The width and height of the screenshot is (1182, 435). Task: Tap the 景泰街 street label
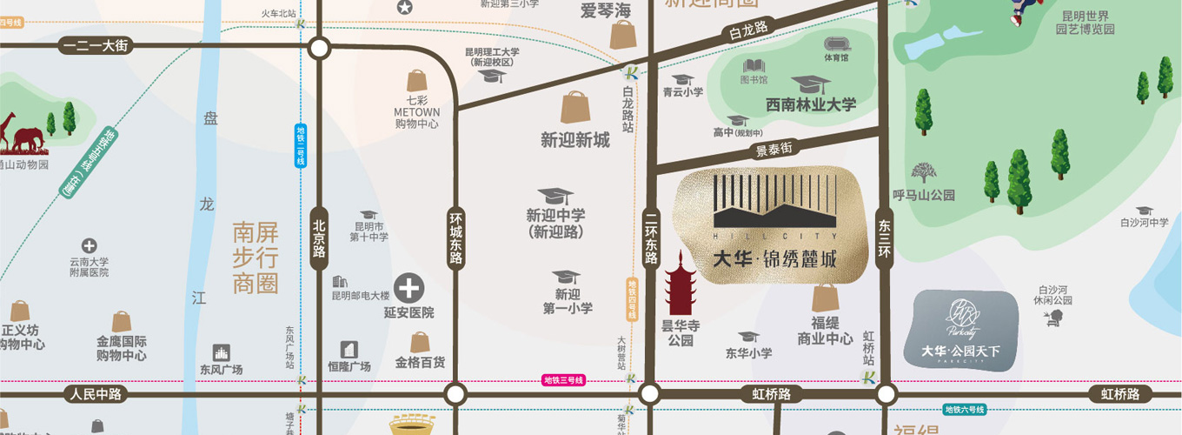(x=774, y=150)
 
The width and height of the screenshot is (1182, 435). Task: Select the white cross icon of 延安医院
(x=409, y=287)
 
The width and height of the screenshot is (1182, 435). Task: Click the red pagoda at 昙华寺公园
(x=680, y=284)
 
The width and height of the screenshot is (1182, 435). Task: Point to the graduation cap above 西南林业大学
(x=810, y=85)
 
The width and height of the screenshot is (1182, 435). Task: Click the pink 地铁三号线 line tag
(x=563, y=380)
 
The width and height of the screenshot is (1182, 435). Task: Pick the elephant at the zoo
(x=28, y=139)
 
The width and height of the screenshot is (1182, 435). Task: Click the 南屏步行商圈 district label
(x=256, y=258)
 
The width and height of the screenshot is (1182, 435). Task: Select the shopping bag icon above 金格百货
(x=421, y=342)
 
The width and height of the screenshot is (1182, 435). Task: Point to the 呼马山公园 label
(x=923, y=195)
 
